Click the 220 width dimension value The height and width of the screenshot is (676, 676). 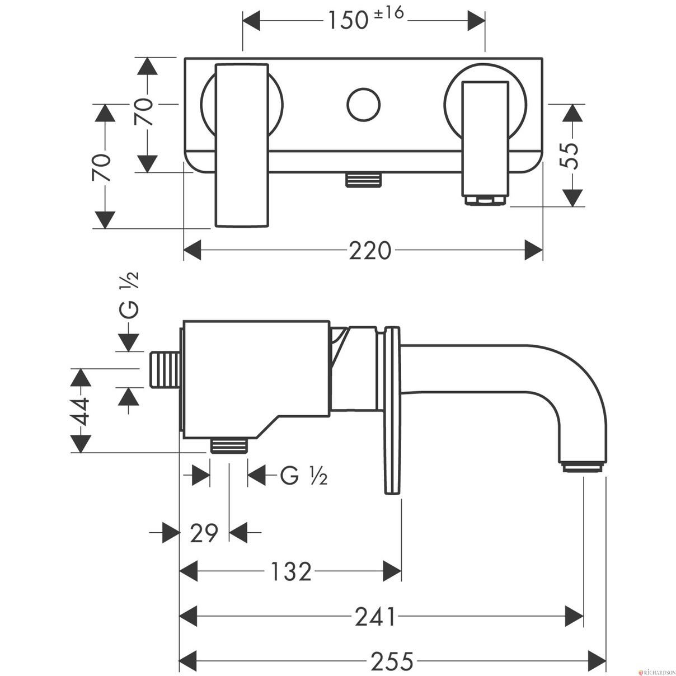[x=370, y=251]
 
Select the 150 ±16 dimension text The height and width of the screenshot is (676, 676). [x=365, y=18]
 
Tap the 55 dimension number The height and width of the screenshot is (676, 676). [x=569, y=156]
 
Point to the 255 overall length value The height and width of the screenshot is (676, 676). [x=392, y=661]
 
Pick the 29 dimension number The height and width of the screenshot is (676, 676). [x=204, y=532]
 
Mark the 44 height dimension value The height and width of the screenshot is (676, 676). [x=81, y=411]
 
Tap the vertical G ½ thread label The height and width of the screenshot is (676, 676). [x=130, y=295]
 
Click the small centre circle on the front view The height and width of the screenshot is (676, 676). [x=363, y=105]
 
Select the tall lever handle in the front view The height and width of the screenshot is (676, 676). [x=242, y=145]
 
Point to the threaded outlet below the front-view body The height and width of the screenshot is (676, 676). [x=363, y=180]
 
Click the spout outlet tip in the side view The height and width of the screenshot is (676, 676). [x=583, y=468]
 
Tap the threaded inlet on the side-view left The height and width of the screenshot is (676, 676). [x=165, y=370]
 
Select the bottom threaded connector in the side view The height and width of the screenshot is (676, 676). [x=229, y=445]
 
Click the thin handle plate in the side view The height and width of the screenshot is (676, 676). [x=392, y=410]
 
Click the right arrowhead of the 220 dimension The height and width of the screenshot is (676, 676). [x=533, y=250]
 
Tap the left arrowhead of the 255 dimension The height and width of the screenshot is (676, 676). [x=189, y=661]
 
